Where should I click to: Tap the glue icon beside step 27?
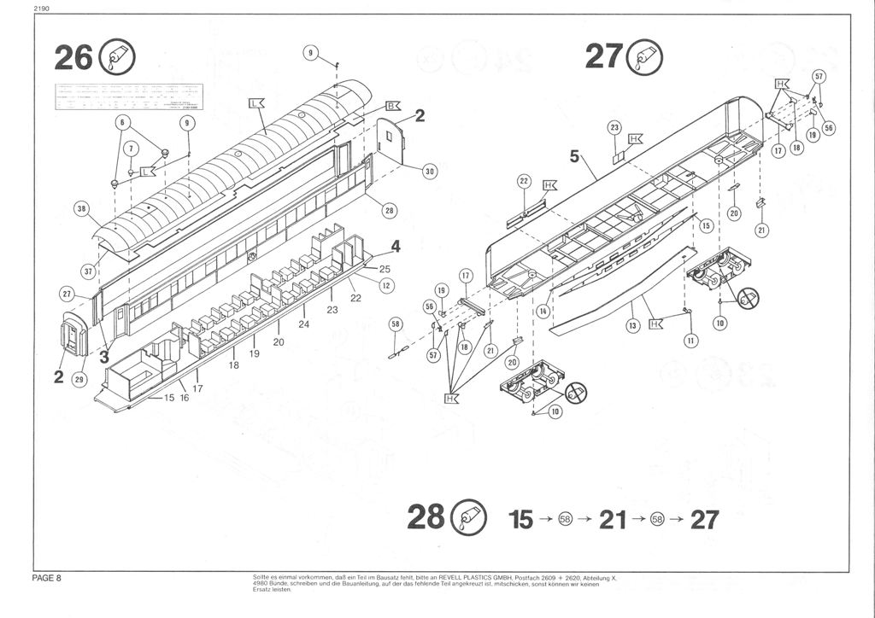643,57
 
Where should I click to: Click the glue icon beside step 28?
468,518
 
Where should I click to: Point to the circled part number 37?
88,271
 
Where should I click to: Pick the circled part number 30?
430,172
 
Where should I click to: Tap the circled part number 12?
385,286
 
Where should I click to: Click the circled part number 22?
525,182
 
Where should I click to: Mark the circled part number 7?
131,148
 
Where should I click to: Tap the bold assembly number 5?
575,155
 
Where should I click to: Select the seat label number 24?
303,324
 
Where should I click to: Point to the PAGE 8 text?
46,578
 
